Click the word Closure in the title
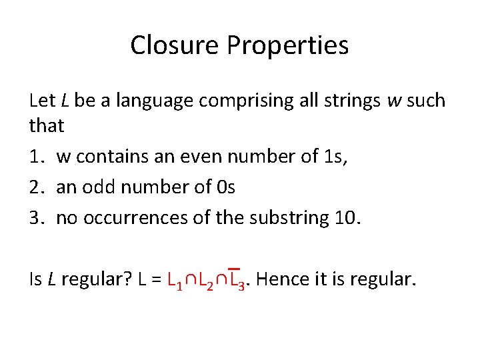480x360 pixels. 175,45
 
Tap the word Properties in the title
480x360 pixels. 287,45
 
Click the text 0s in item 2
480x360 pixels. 226,187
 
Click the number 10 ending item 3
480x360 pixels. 347,218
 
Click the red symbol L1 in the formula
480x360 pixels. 175,279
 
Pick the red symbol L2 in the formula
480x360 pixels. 204,279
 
